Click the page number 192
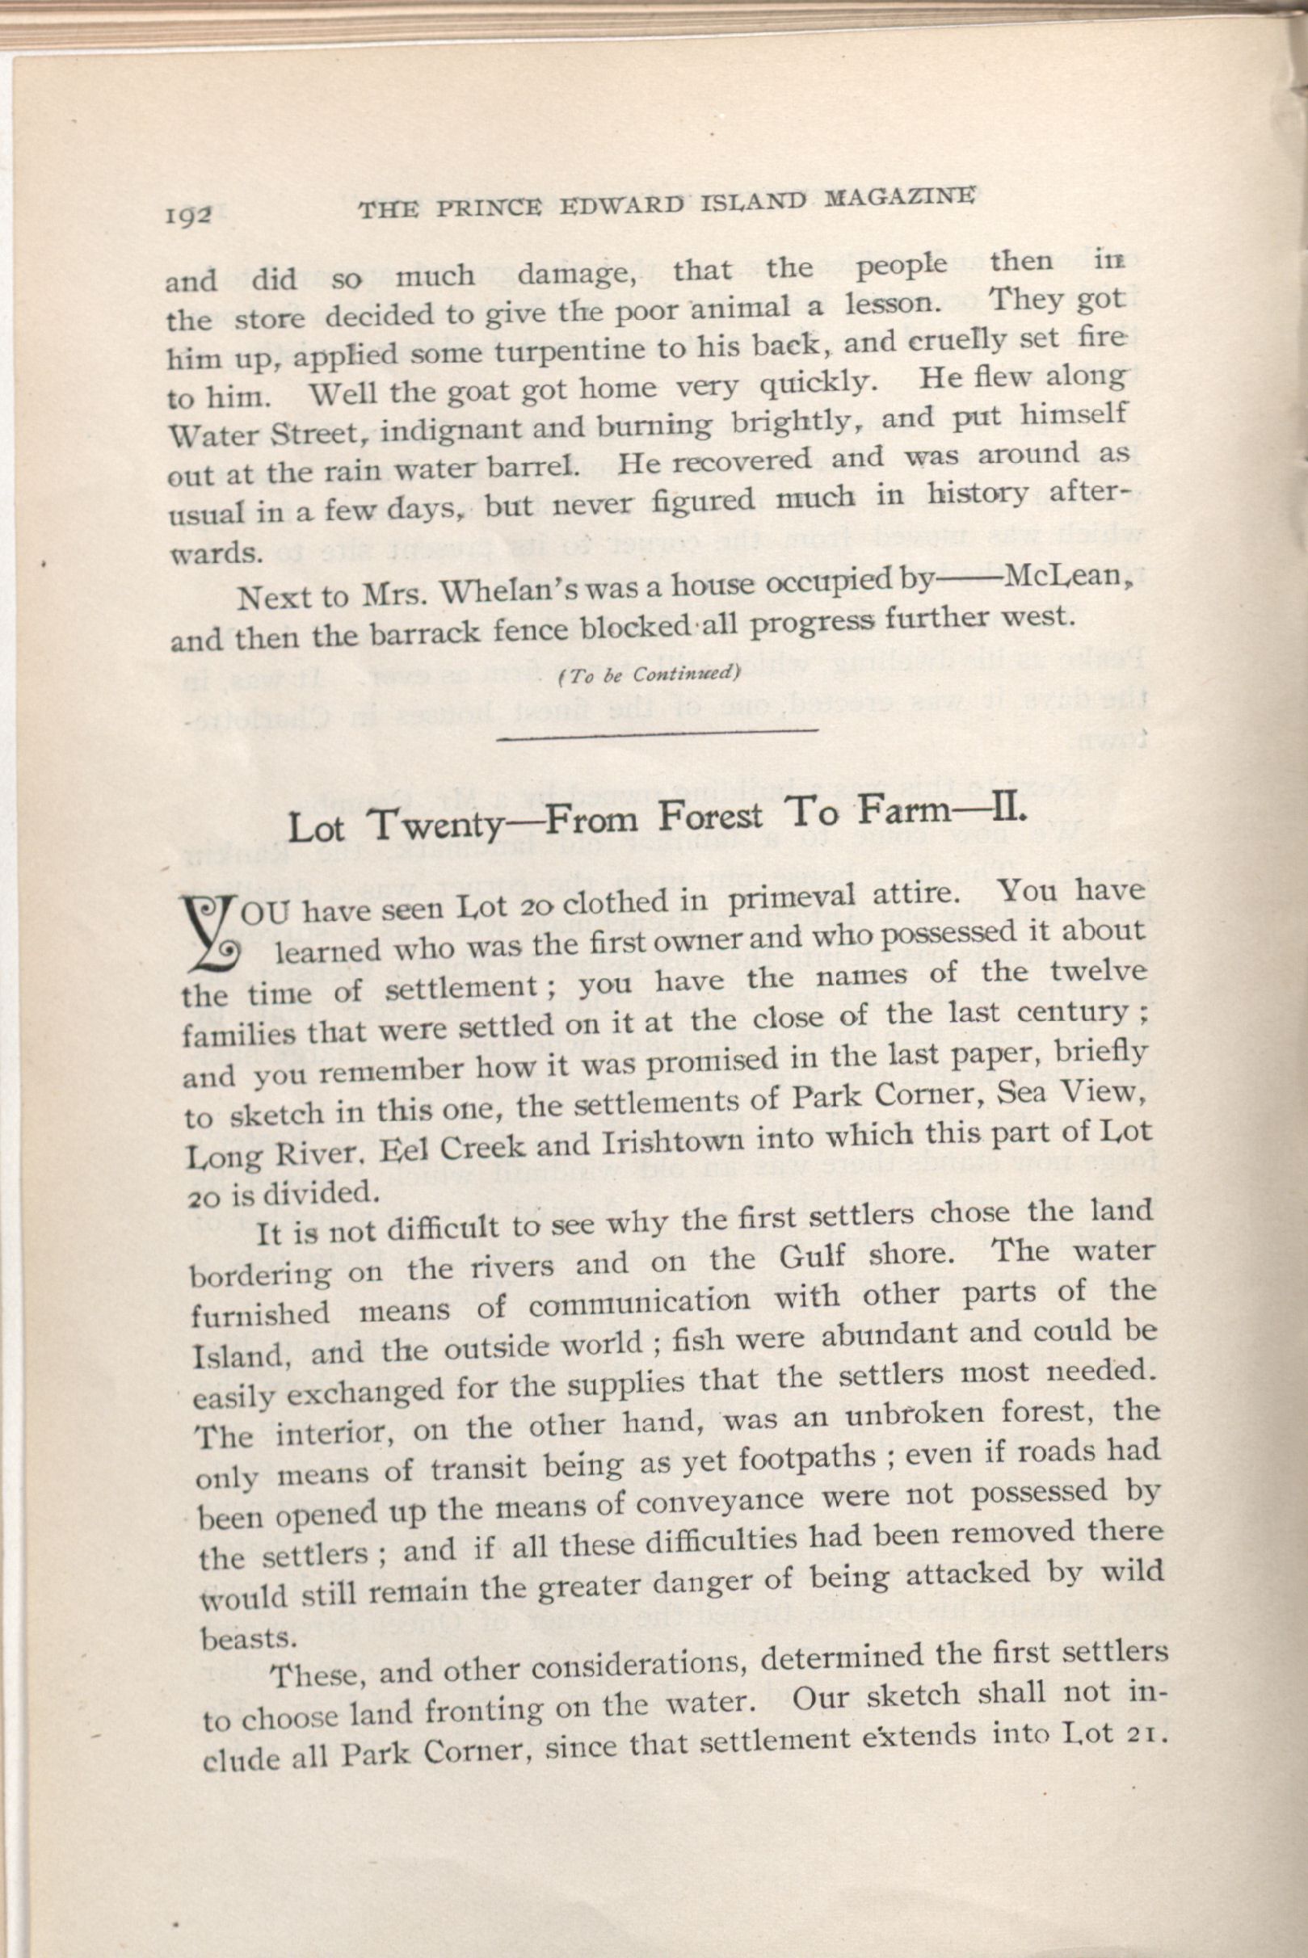coord(190,216)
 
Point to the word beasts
coord(237,1637)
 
